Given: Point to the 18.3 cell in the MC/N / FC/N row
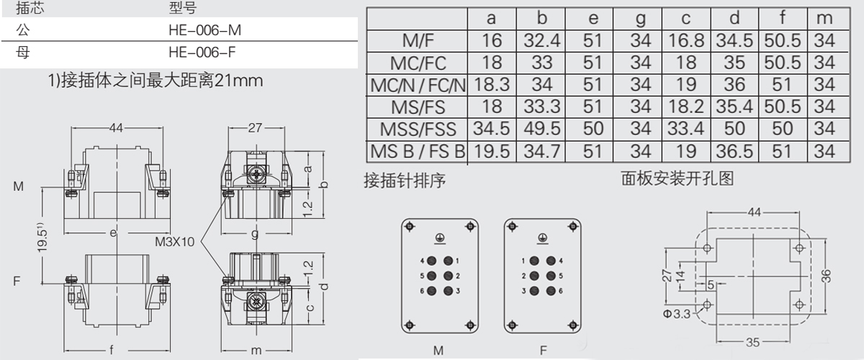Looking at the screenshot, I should (x=492, y=85).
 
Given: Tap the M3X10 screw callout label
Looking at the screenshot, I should (x=174, y=241).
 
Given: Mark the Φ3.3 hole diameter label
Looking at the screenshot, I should (x=678, y=313).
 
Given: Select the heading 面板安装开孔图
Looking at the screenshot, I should (x=678, y=178).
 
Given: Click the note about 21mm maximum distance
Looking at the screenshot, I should (x=154, y=81).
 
